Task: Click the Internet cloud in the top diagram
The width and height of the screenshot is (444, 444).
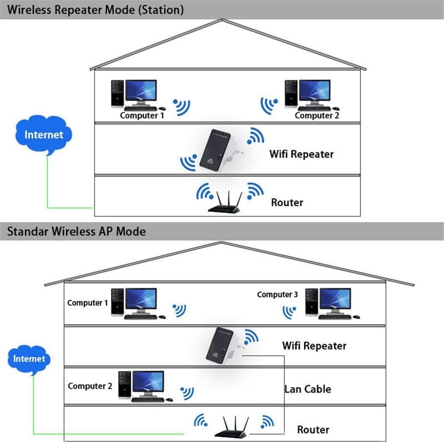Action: pos(43,135)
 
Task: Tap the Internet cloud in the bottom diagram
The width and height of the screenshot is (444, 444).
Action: pos(29,359)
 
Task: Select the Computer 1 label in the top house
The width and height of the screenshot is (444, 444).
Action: pos(142,116)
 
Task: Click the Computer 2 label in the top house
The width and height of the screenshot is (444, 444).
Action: pos(317,116)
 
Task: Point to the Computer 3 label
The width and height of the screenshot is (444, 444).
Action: pos(278,294)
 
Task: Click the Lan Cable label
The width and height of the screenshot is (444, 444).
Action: pos(308,389)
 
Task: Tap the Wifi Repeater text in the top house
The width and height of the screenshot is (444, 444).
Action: pos(302,154)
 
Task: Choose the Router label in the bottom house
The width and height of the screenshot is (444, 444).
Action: pos(313,430)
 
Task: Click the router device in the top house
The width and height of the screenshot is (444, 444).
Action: pos(225,202)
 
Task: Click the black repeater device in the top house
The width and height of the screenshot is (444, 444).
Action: pos(215,150)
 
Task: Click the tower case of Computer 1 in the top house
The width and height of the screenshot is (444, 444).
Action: pos(118,94)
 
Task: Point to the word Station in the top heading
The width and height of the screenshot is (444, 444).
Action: pos(161,10)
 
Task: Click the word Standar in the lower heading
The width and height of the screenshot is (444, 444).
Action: pos(28,231)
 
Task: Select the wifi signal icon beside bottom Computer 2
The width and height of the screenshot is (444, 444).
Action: pos(187,393)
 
